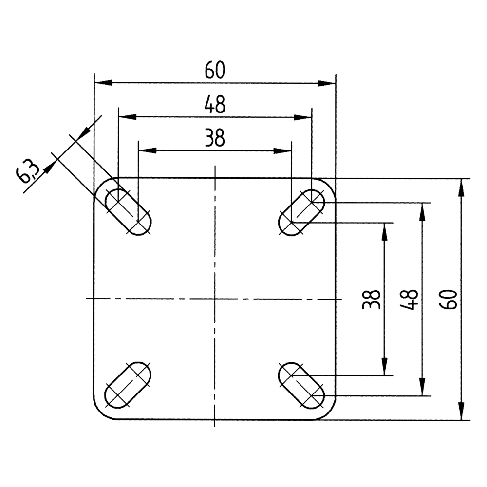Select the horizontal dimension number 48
215,105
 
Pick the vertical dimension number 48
410,299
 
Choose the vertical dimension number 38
371,299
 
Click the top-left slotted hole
128,212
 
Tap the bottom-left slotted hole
128,385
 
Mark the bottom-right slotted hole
301,385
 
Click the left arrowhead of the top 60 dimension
100,83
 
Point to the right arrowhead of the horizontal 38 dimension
285,150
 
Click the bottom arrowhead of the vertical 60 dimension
461,413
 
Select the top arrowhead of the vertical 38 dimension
385,230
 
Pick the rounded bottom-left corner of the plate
100,413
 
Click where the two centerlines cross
215,298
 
